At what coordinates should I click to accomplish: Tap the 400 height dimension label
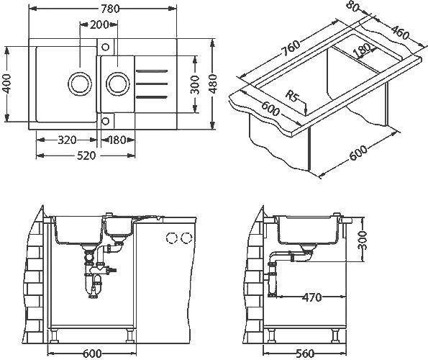coord(7,84)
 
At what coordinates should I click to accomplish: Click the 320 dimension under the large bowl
coord(67,140)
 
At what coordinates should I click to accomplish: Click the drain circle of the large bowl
coord(76,81)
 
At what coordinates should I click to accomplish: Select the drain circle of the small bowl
coord(115,82)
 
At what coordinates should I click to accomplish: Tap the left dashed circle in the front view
coord(172,238)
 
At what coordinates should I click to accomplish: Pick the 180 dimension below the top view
coord(117,140)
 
